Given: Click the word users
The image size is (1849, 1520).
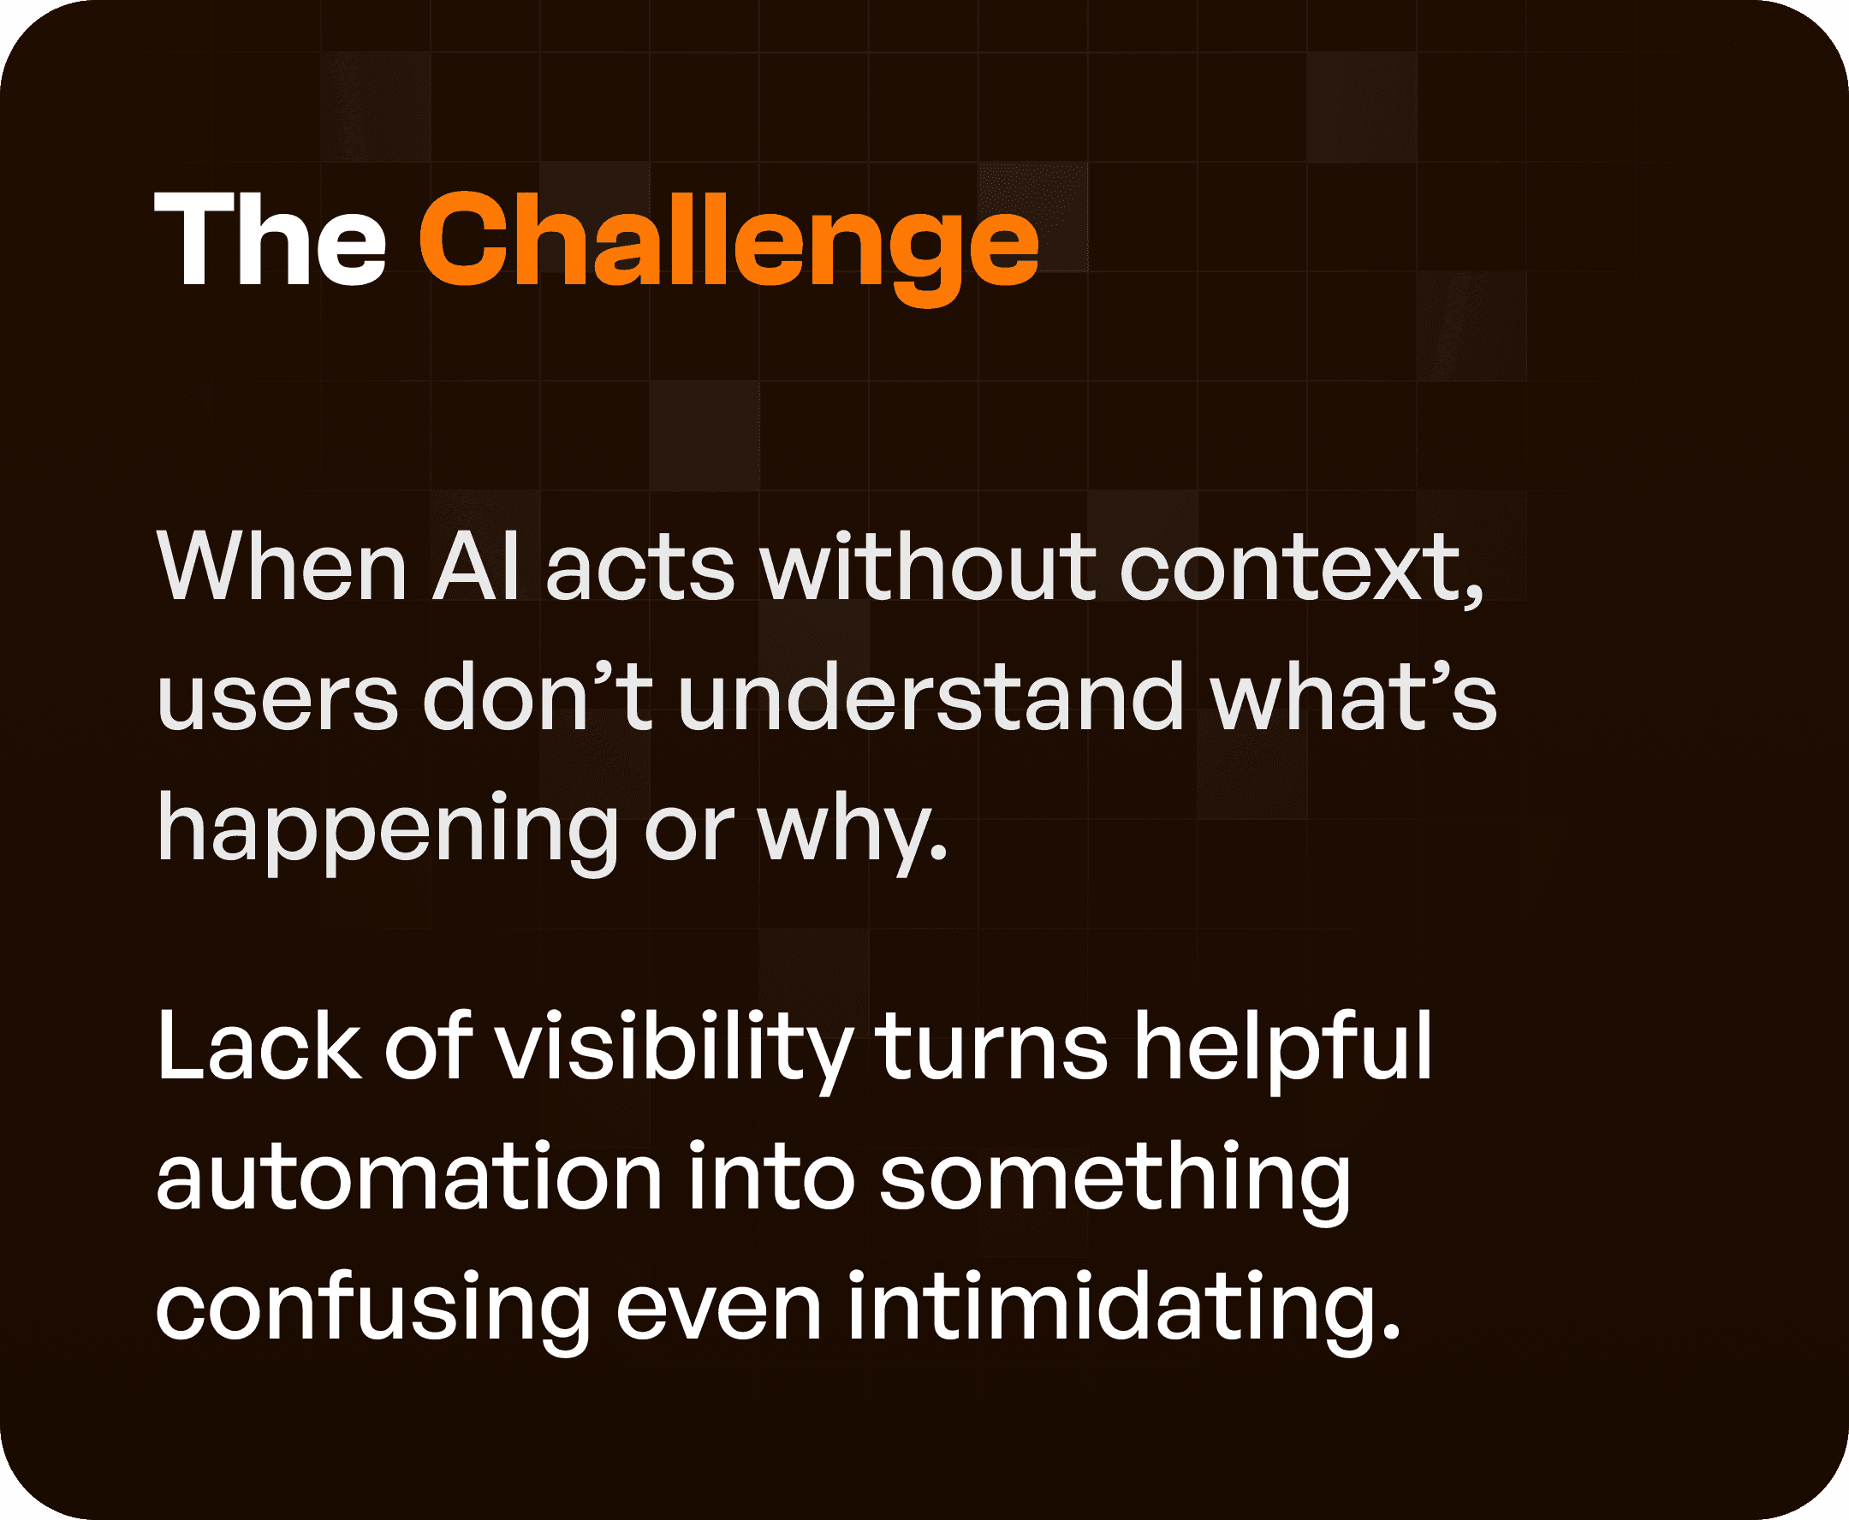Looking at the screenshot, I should tap(277, 698).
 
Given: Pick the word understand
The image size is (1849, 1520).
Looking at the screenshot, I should tap(931, 698).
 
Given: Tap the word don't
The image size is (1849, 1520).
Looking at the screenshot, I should tap(538, 698).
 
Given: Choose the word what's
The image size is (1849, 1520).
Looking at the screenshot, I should tap(1354, 698).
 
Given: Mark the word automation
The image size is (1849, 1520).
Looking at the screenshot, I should tap(409, 1178).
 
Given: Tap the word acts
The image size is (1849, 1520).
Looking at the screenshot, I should tap(640, 569).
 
